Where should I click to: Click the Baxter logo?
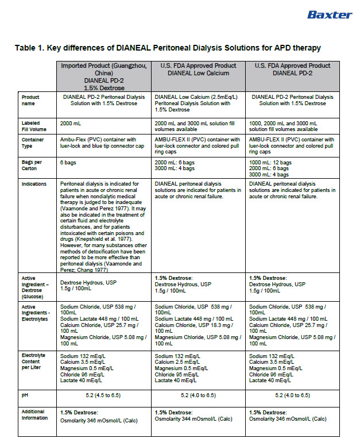pos(329,14)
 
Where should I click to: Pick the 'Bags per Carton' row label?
pos(31,166)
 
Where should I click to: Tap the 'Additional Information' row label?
pos(34,414)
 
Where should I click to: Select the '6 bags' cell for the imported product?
pos(70,163)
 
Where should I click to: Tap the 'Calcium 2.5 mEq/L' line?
pos(181,362)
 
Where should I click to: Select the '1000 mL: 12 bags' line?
pos(270,163)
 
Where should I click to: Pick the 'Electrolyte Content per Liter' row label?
pos(35,362)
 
